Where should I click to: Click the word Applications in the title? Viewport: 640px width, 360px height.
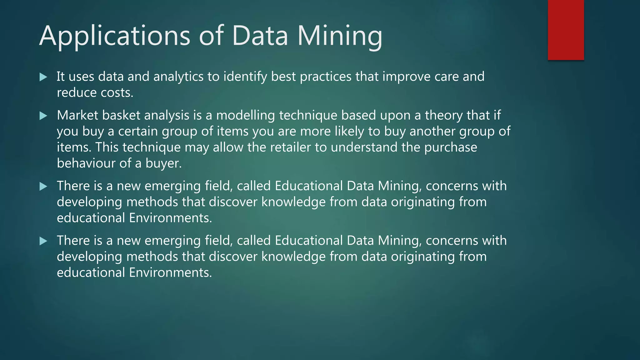click(114, 36)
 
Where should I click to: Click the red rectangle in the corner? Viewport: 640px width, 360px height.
click(566, 30)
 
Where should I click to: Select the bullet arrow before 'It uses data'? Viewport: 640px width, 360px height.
click(43, 77)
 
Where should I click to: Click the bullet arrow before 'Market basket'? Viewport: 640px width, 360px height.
click(43, 116)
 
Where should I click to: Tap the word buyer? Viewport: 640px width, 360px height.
click(163, 163)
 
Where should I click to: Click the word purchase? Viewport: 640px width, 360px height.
click(450, 147)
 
